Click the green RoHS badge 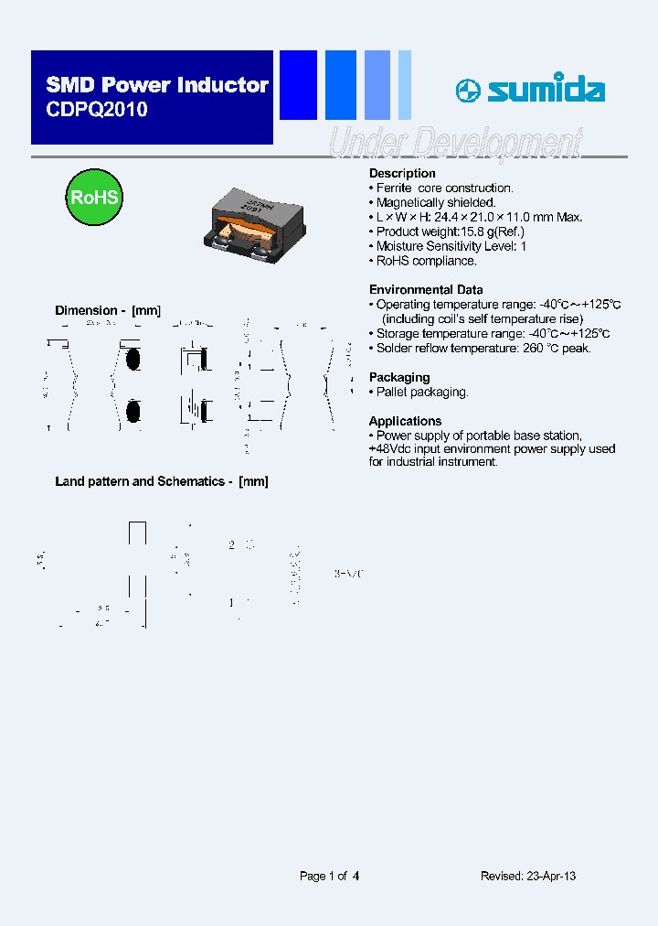pyautogui.click(x=94, y=198)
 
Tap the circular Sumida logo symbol pyautogui.click(x=469, y=91)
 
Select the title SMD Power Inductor pyautogui.click(x=157, y=85)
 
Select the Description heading pyautogui.click(x=402, y=174)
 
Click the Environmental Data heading pyautogui.click(x=426, y=290)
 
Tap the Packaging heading pyautogui.click(x=399, y=377)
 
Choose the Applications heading pyautogui.click(x=405, y=421)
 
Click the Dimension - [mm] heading pyautogui.click(x=108, y=311)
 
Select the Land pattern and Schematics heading pyautogui.click(x=162, y=481)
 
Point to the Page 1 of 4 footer pyautogui.click(x=329, y=876)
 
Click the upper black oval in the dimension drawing pyautogui.click(x=133, y=359)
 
